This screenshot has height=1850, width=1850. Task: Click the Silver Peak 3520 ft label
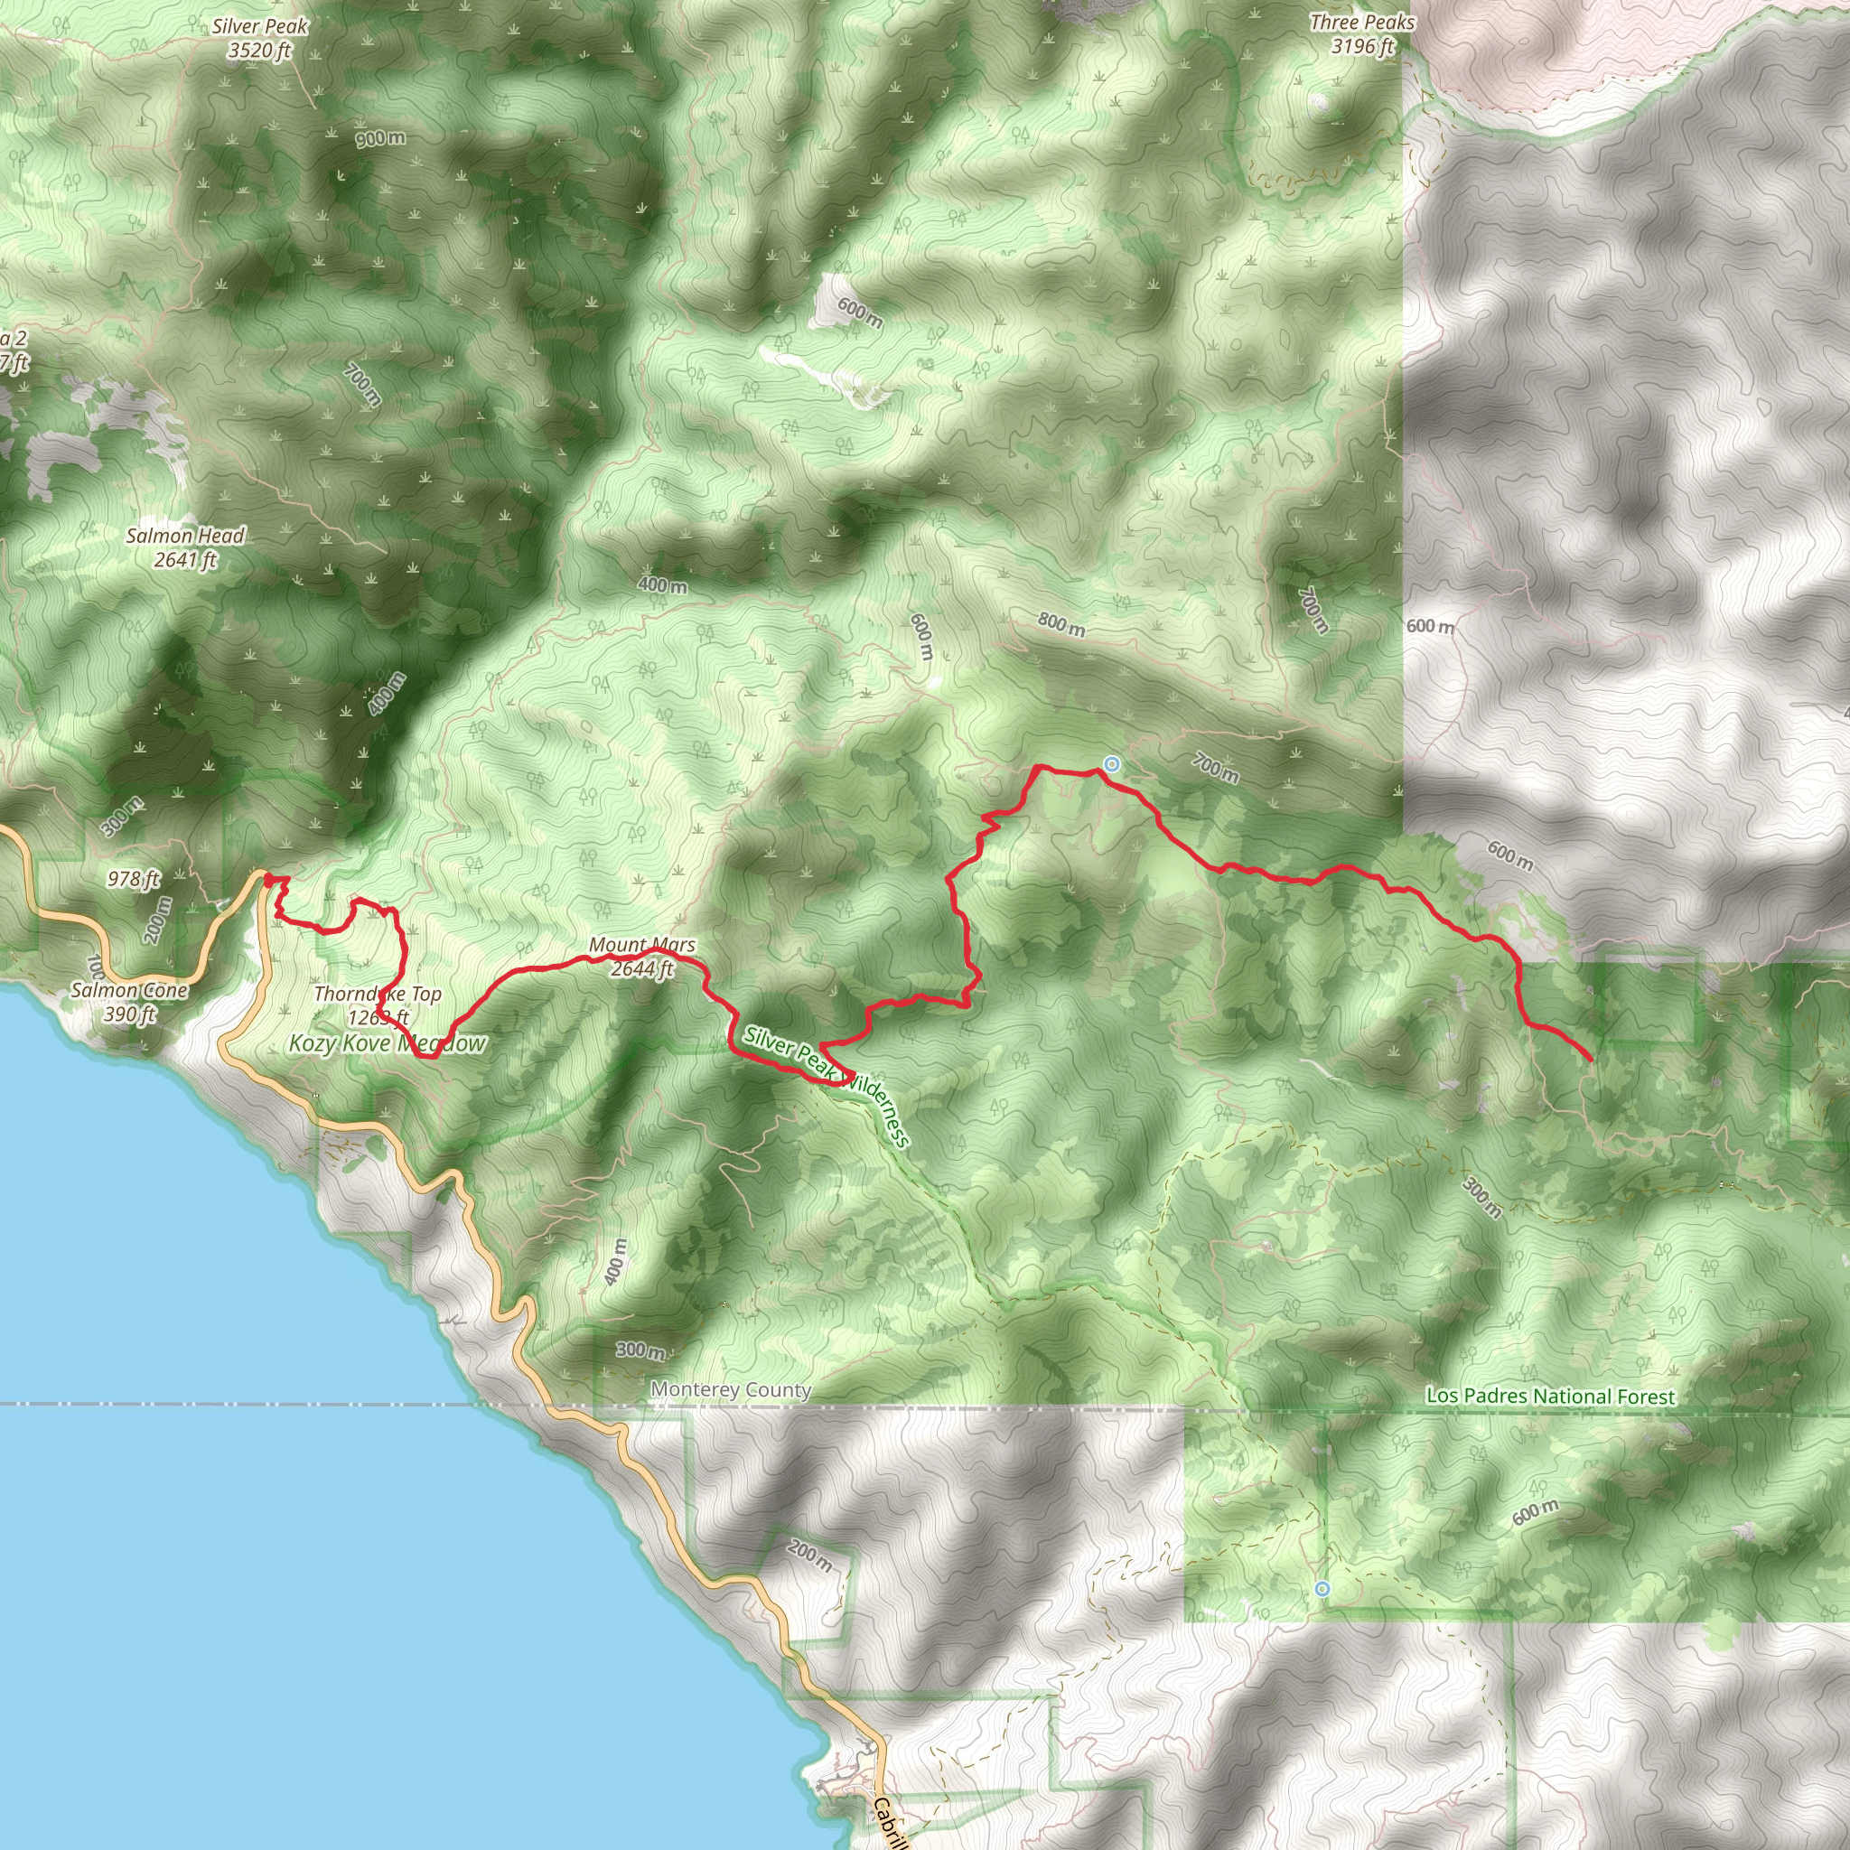pyautogui.click(x=260, y=38)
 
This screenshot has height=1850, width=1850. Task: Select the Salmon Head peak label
pyautogui.click(x=186, y=537)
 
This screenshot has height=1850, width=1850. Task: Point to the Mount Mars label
pyautogui.click(x=641, y=945)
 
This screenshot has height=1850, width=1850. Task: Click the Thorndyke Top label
pyautogui.click(x=378, y=995)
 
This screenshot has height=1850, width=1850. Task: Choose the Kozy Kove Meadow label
pyautogui.click(x=388, y=1043)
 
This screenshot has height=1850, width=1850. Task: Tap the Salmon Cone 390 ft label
pyautogui.click(x=129, y=1002)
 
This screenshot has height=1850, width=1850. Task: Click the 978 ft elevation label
pyautogui.click(x=134, y=878)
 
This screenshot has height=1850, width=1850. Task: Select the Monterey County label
pyautogui.click(x=731, y=1389)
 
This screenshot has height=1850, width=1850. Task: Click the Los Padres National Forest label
pyautogui.click(x=1550, y=1397)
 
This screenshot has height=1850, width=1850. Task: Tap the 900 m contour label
pyautogui.click(x=380, y=139)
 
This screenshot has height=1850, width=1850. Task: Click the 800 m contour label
pyautogui.click(x=1061, y=624)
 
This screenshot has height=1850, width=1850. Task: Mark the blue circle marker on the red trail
pyautogui.click(x=1111, y=764)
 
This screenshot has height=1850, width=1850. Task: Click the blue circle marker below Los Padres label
pyautogui.click(x=1322, y=1589)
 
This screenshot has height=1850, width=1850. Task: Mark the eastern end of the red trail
pyautogui.click(x=1591, y=1060)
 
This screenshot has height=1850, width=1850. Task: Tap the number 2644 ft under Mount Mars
pyautogui.click(x=641, y=969)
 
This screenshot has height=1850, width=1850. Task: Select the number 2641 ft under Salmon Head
pyautogui.click(x=186, y=560)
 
